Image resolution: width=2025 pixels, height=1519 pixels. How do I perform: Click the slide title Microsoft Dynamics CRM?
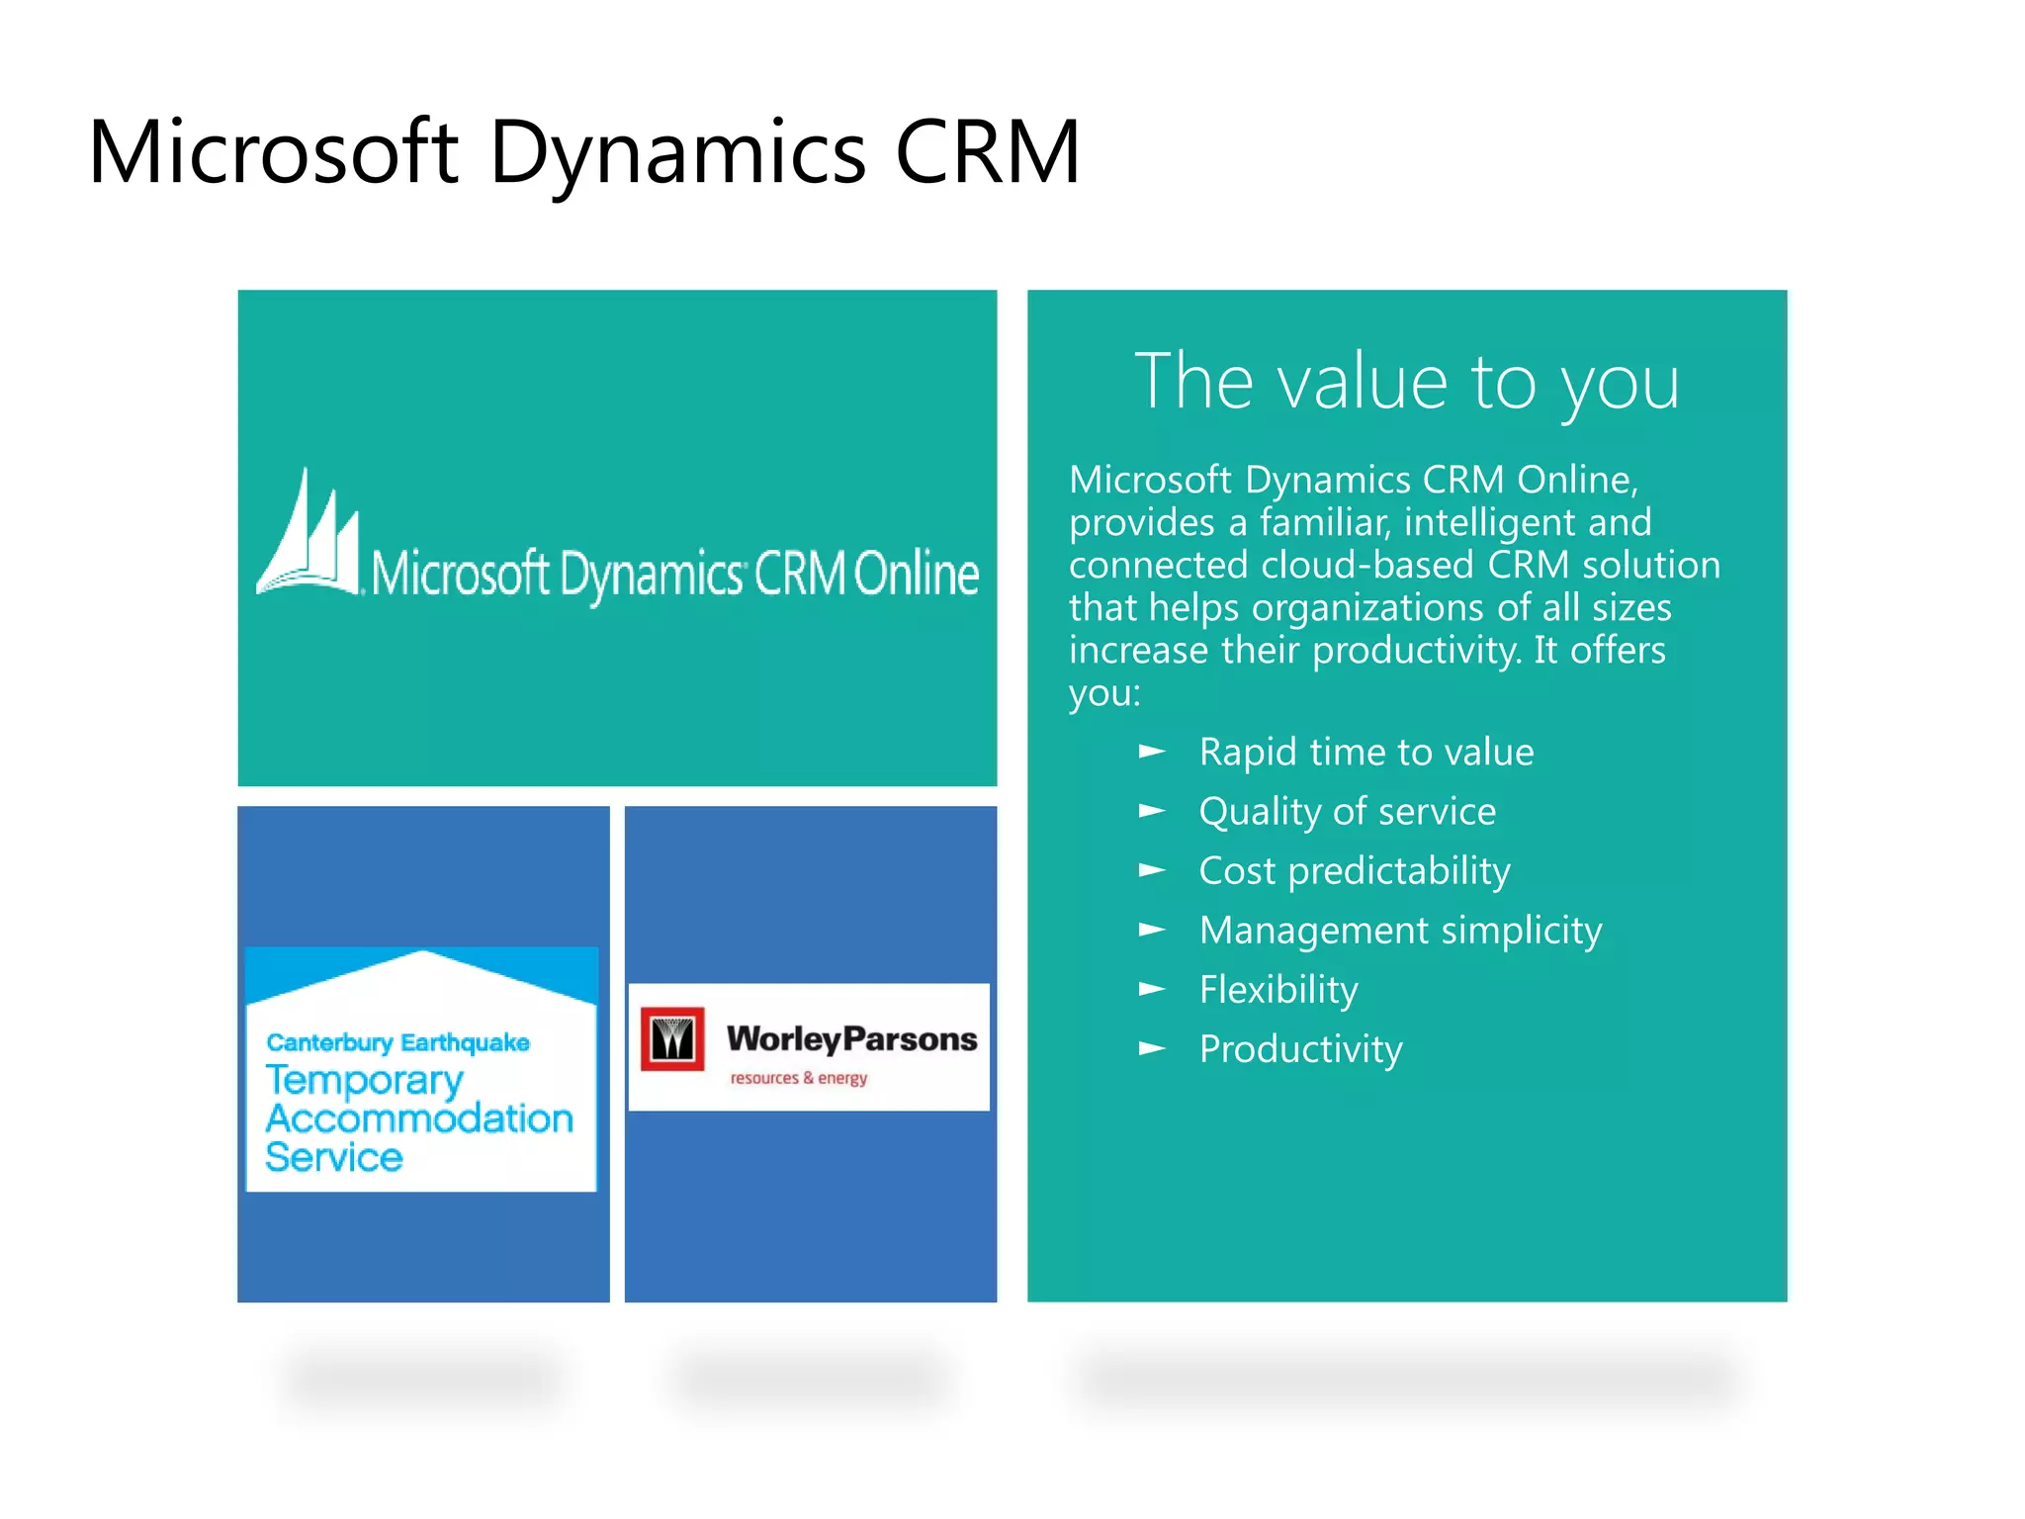[583, 153]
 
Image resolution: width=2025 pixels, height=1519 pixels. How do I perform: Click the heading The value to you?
[1406, 382]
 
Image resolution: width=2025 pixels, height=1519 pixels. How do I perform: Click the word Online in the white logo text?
[916, 574]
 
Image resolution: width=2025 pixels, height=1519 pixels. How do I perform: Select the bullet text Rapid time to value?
[1365, 753]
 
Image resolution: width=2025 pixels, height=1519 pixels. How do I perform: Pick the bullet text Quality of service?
[1347, 812]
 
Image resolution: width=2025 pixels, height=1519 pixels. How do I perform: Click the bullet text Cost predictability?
[1354, 871]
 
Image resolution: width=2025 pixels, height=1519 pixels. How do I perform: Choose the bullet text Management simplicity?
[1400, 931]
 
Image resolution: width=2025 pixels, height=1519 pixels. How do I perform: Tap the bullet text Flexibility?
[1277, 990]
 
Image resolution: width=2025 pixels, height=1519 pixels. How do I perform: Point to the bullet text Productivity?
[1300, 1049]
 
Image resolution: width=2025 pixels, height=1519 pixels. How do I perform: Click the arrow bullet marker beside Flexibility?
[1152, 989]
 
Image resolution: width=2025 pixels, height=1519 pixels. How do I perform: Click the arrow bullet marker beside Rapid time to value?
[1152, 752]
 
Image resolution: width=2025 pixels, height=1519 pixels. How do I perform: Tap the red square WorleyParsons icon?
[672, 1039]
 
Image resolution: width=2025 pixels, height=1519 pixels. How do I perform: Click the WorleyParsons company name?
[851, 1038]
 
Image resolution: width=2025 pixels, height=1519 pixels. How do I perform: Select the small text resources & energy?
[798, 1078]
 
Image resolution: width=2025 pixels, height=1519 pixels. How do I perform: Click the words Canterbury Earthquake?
[397, 1042]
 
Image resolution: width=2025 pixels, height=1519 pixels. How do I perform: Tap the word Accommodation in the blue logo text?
[419, 1118]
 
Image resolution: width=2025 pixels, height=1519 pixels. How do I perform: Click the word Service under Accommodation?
[334, 1157]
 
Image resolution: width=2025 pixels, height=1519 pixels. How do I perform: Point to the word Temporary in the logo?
[364, 1081]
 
